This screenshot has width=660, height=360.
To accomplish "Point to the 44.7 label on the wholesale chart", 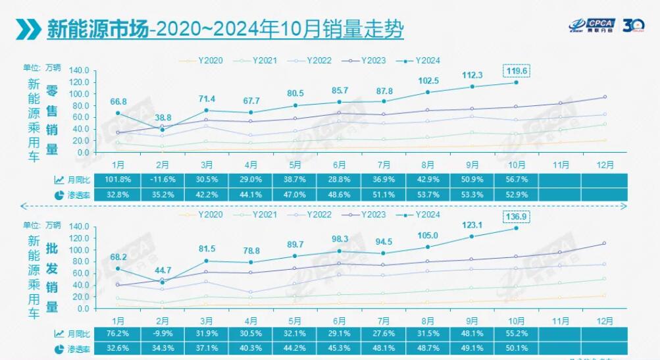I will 163,270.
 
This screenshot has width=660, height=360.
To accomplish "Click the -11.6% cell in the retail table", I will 162,180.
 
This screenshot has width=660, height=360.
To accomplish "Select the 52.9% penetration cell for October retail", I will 515,195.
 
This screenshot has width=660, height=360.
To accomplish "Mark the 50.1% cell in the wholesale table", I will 515,349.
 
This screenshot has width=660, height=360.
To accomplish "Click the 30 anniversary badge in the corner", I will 634,25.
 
